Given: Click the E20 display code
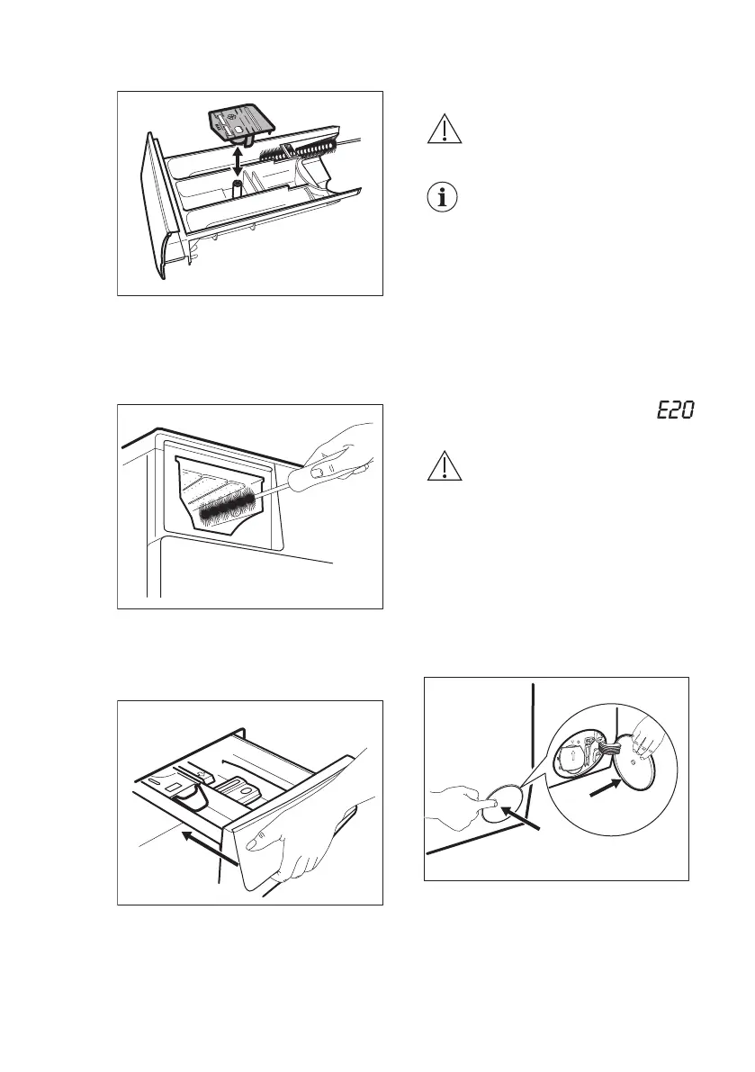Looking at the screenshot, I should tap(674, 411).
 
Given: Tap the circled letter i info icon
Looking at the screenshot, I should tap(441, 198).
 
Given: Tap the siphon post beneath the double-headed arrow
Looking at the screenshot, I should tap(238, 187).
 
